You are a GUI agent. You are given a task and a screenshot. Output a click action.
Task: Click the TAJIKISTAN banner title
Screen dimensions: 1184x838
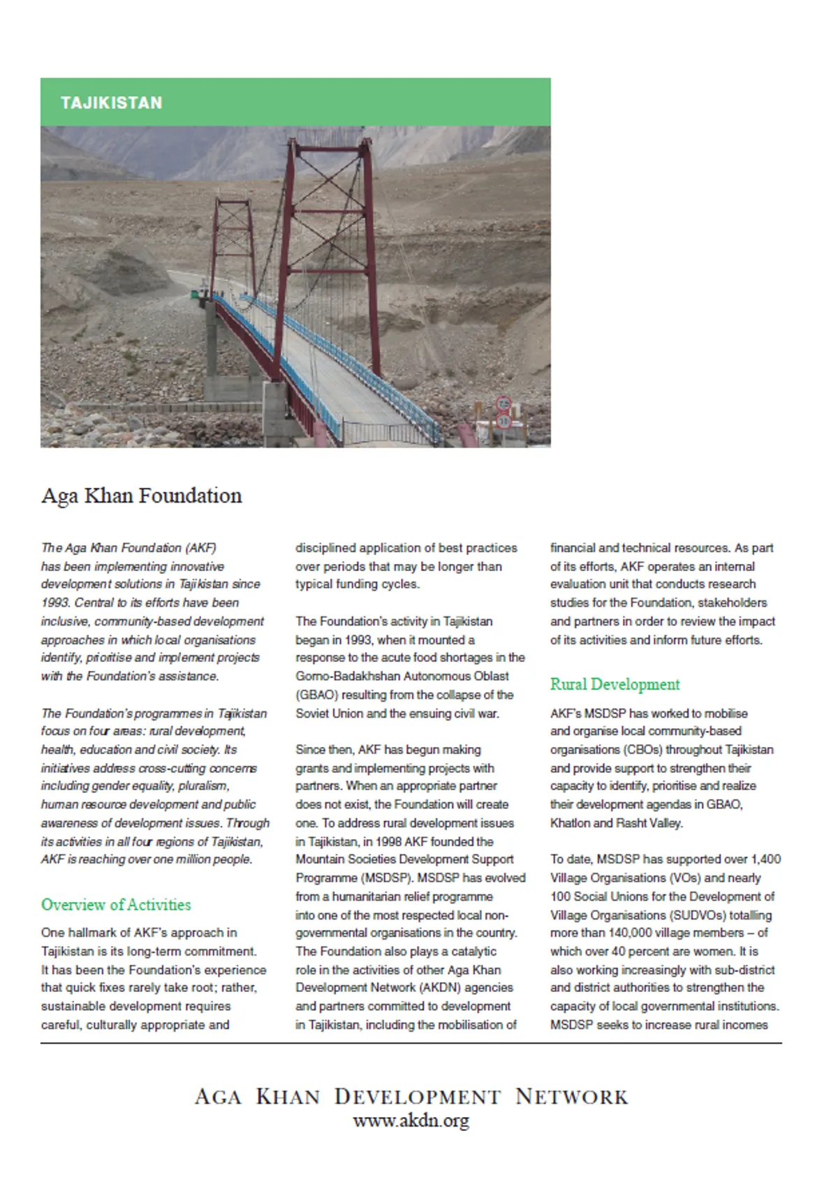[111, 103]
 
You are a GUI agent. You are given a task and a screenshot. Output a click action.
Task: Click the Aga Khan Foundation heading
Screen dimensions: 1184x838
[142, 496]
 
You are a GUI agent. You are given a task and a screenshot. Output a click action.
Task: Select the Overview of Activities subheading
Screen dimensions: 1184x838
[116, 905]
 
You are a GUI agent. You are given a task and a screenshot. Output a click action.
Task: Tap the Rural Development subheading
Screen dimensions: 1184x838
[615, 684]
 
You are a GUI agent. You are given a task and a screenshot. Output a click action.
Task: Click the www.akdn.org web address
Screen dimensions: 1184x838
[411, 1121]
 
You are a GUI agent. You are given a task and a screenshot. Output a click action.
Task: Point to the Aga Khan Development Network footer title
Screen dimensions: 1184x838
[411, 1096]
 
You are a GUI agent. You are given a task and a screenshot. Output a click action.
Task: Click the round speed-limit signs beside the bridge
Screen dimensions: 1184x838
[503, 413]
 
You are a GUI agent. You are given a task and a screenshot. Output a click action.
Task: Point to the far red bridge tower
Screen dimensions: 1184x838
[233, 244]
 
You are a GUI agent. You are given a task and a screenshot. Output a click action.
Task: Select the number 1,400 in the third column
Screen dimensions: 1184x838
[766, 859]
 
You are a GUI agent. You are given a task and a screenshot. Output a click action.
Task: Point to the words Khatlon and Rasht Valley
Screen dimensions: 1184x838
[615, 823]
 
